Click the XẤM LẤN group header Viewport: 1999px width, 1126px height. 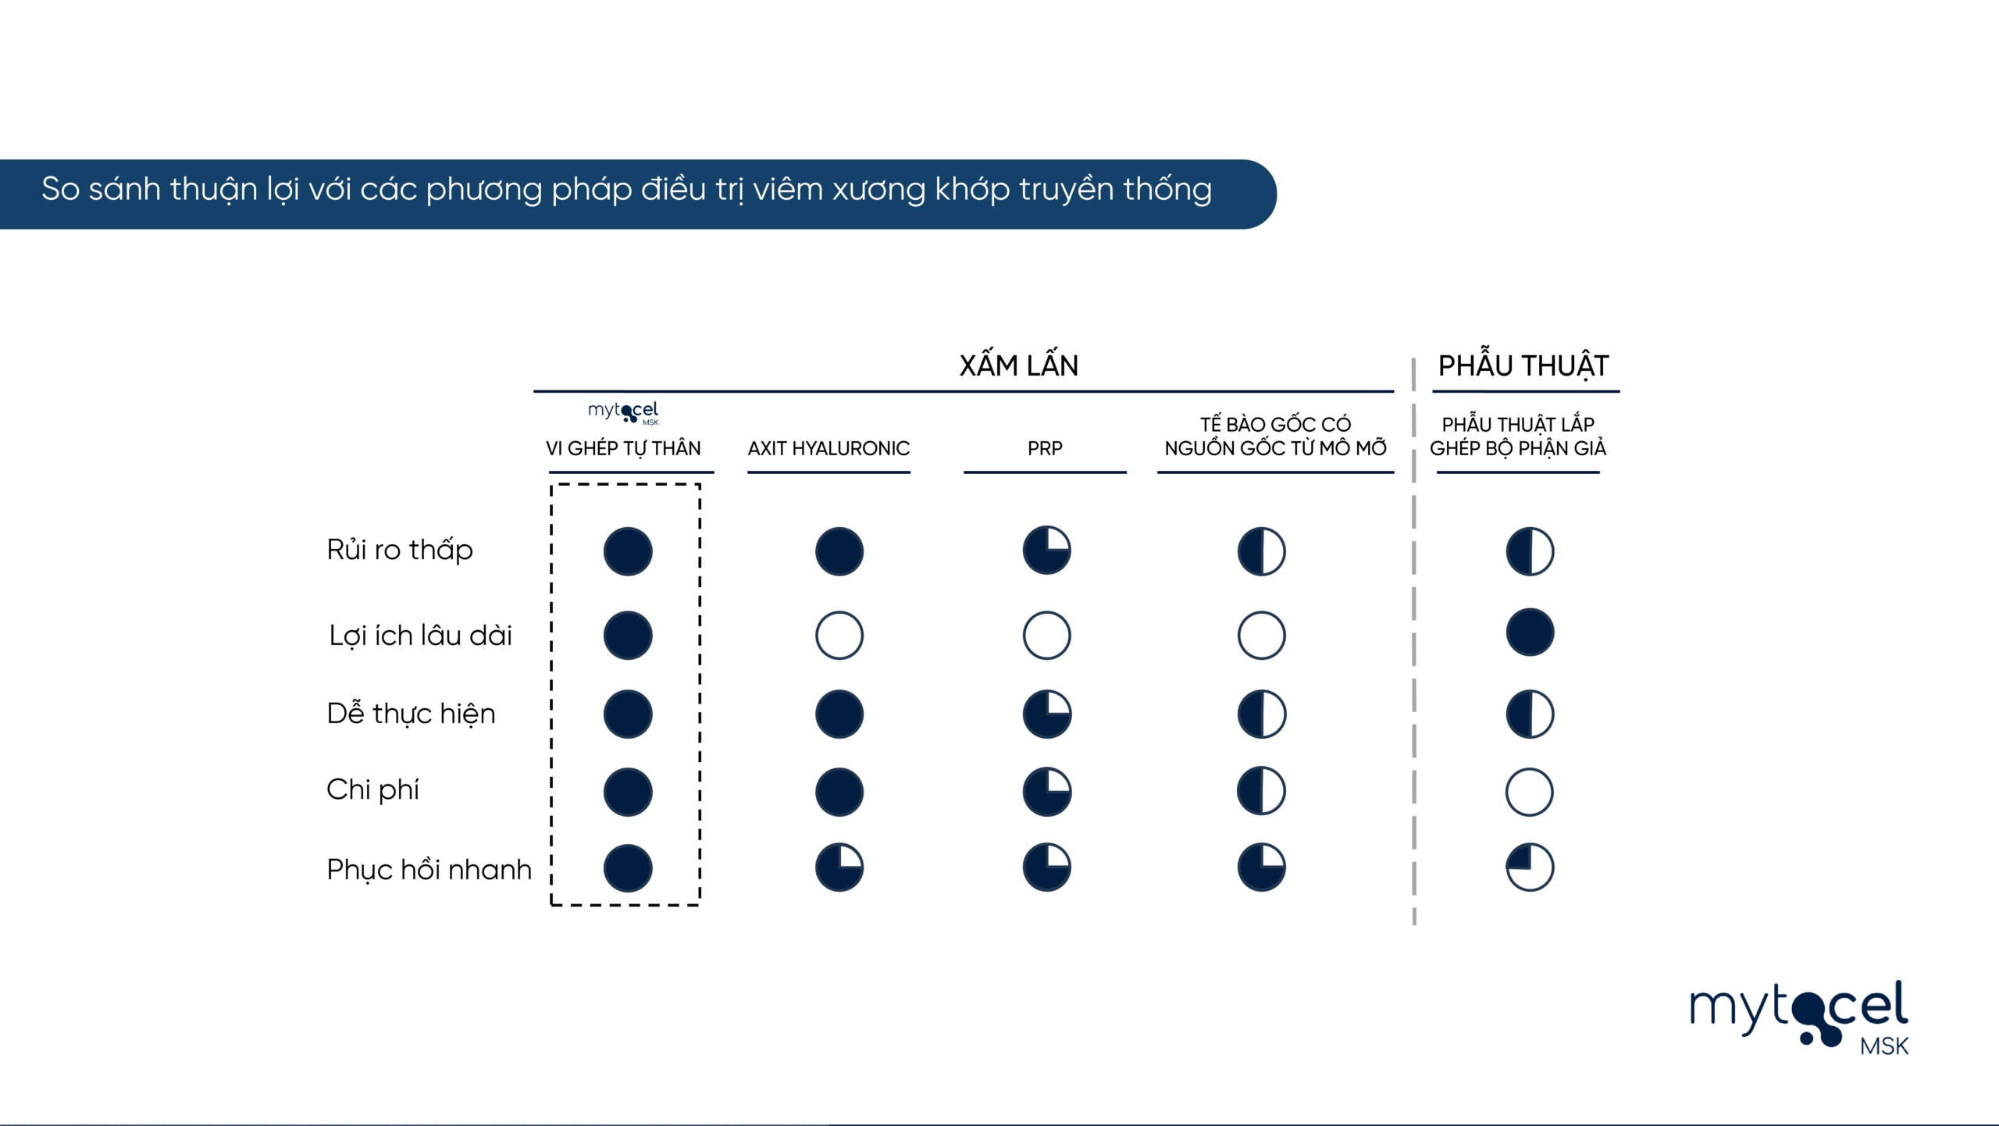pos(1018,365)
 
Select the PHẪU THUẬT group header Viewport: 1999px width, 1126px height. pos(1523,365)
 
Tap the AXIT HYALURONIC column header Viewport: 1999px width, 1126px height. pos(828,448)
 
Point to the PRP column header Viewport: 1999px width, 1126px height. pos(1045,448)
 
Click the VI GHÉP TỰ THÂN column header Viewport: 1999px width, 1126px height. pos(623,448)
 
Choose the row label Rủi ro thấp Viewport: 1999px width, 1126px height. pos(400,550)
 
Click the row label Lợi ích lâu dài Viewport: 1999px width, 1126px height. pos(420,635)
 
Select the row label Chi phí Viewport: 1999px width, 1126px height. pos(372,789)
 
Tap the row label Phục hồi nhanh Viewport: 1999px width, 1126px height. pos(429,869)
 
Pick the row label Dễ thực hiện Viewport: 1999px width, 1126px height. pos(411,713)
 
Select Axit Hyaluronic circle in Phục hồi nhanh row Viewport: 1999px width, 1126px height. pos(839,867)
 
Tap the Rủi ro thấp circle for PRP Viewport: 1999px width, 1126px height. pos(1046,551)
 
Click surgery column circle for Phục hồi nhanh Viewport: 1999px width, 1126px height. pos(1529,867)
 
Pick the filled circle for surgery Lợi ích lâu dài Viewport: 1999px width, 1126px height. pos(1529,632)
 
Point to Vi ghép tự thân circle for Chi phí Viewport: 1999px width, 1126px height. pos(628,792)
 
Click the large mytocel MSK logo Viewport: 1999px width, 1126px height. pos(1799,1017)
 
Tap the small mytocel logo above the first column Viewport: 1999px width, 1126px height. pos(623,412)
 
